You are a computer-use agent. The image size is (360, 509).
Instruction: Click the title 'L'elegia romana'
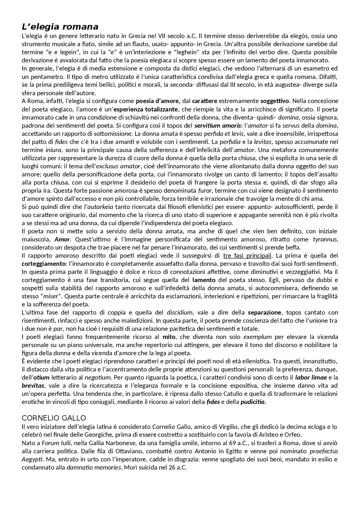pyautogui.click(x=60, y=27)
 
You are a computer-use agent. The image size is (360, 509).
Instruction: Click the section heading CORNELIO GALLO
pyautogui.click(x=54, y=418)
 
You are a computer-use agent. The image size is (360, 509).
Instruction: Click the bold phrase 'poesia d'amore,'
pyautogui.click(x=158, y=101)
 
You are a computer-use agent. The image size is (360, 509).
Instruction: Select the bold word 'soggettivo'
pyautogui.click(x=274, y=101)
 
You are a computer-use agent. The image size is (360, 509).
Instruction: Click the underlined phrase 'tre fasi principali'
pyautogui.click(x=247, y=256)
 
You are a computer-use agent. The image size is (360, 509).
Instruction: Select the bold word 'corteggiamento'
pyautogui.click(x=43, y=264)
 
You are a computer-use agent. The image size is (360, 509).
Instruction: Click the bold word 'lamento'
pyautogui.click(x=204, y=280)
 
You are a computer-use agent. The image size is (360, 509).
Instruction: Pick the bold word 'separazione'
pyautogui.click(x=264, y=313)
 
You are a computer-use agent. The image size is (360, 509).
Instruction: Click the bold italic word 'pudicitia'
pyautogui.click(x=252, y=402)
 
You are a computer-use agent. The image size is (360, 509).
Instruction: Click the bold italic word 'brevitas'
pyautogui.click(x=31, y=385)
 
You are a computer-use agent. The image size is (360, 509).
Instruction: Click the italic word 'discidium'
pyautogui.click(x=179, y=313)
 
